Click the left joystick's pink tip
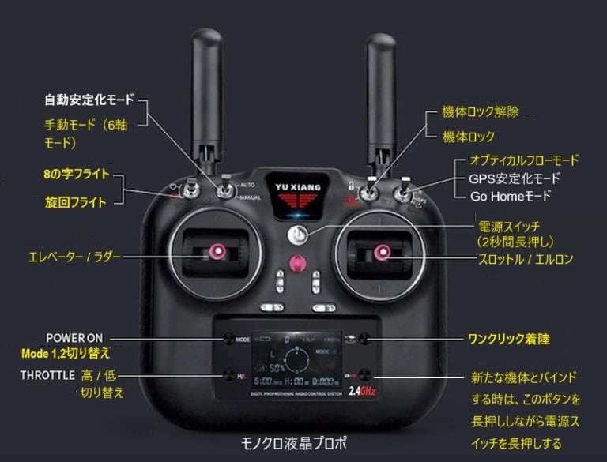(214, 253)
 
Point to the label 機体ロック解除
(481, 112)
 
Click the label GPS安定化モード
(514, 178)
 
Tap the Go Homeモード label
(510, 195)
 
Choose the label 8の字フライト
(77, 174)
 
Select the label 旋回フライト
(77, 202)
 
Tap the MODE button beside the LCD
(229, 339)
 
